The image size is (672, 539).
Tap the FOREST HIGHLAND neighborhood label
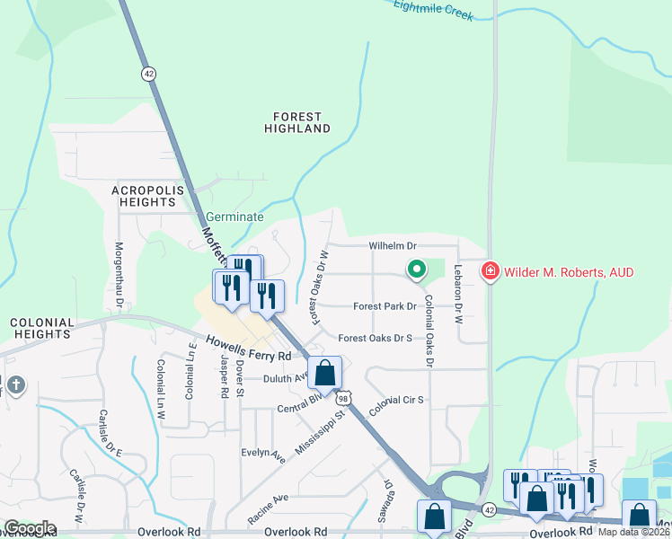pos(297,122)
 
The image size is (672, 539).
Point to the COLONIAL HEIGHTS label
pos(40,328)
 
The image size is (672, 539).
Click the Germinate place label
pos(234,216)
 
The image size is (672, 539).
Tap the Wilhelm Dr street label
pos(393,245)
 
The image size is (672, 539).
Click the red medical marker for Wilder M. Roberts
pos(490,270)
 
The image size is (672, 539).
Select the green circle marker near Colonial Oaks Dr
pos(416,268)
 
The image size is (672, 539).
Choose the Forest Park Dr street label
pos(385,306)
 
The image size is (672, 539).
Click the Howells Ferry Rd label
pos(249,348)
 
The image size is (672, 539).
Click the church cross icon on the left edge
pos(15,386)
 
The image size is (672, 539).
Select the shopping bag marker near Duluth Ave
pos(324,372)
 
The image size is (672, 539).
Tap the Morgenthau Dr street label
pos(119,274)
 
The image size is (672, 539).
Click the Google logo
pos(29,528)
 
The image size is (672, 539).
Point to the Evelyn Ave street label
pos(262,454)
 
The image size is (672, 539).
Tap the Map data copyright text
pos(634,532)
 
